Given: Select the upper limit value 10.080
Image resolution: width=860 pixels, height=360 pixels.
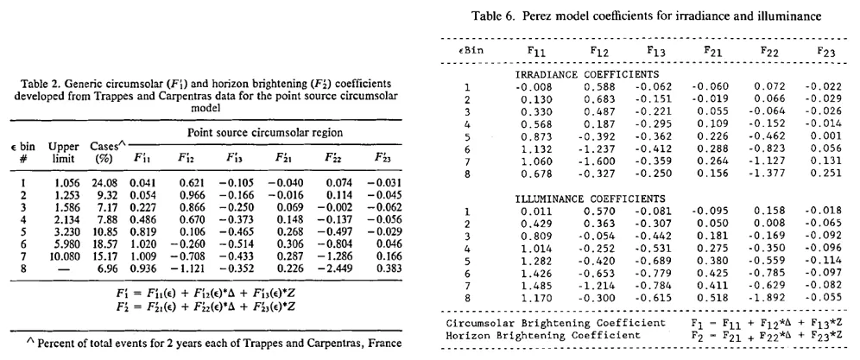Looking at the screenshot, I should click(67, 280).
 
